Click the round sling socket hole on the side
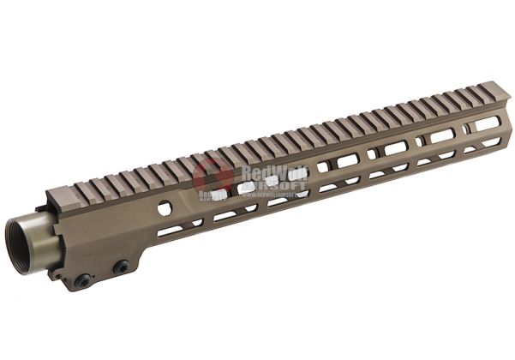(164, 207)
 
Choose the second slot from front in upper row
(442, 135)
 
